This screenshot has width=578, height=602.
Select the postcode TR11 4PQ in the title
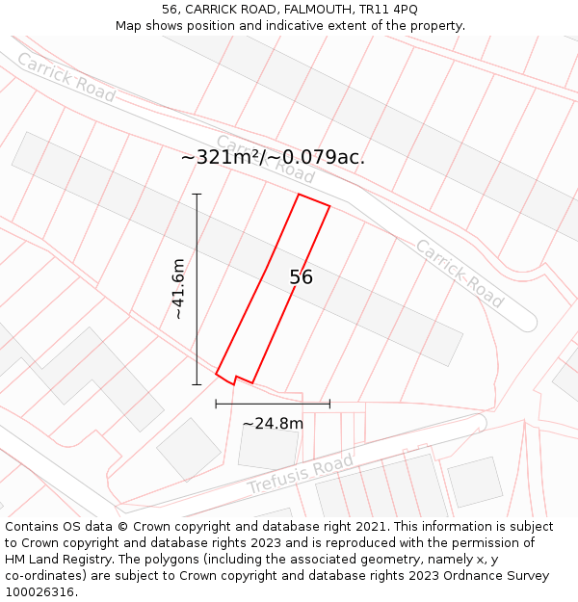pos(391,9)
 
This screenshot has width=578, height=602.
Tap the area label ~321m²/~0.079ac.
pos(273,157)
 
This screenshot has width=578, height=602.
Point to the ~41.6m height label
pos(178,289)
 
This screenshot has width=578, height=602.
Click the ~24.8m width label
pos(273,423)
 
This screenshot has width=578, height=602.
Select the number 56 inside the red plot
pos(301,277)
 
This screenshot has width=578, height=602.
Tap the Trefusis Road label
pos(301,473)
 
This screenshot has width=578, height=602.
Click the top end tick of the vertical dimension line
pos(197,195)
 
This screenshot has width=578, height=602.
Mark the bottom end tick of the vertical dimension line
pos(197,385)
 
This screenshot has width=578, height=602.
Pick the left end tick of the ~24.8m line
pos(217,404)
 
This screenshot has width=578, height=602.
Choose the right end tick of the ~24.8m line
pos(329,404)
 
